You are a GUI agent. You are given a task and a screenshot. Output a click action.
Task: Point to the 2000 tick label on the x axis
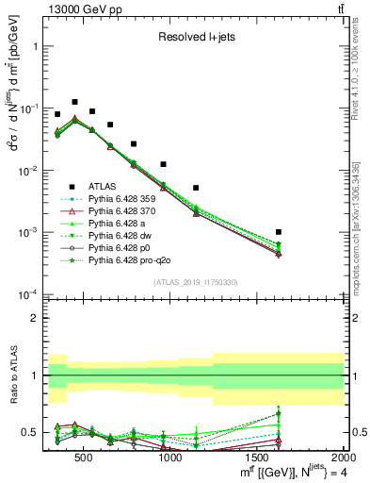point(344,458)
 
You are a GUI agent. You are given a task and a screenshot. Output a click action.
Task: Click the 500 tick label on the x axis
point(84,458)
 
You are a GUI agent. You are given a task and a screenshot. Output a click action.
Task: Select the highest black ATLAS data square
point(74,101)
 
